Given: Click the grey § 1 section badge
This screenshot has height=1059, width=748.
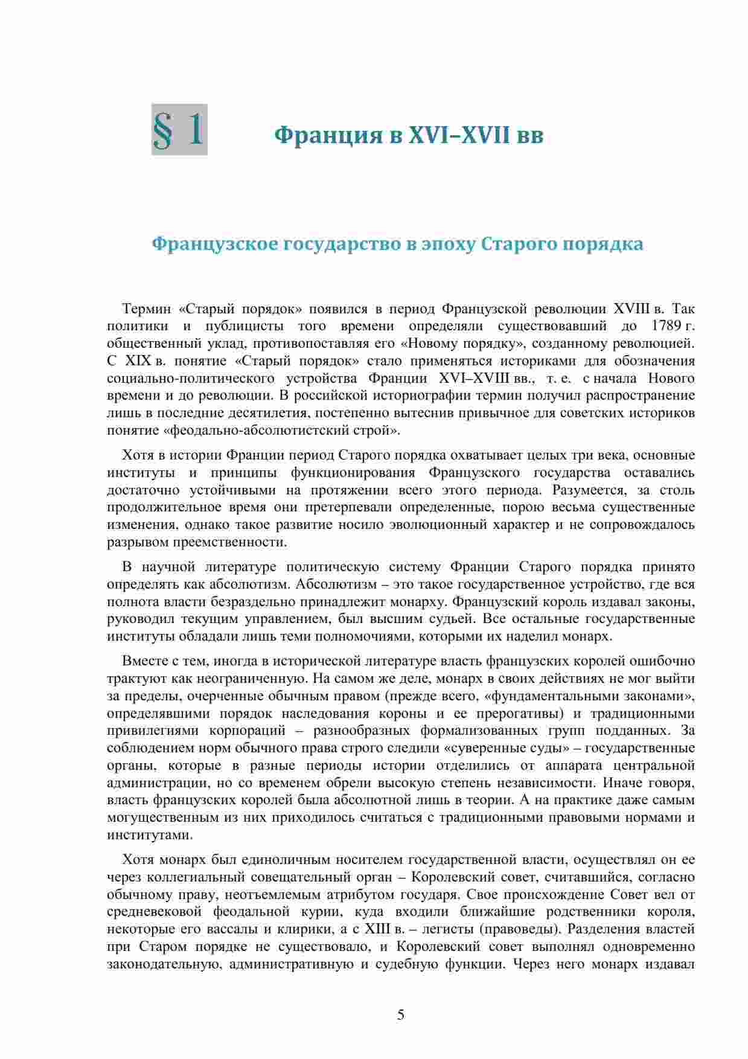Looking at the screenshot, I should click(179, 129).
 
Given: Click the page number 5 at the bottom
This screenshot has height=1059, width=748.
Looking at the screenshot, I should click(401, 1014).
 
